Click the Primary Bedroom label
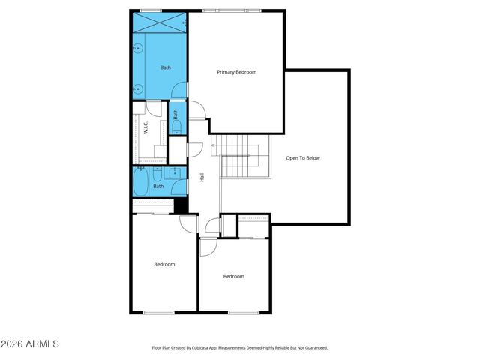[x=236, y=72]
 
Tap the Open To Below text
[x=303, y=158]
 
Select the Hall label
[x=202, y=178]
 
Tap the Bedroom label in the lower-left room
[x=164, y=264]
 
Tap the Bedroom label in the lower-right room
[x=233, y=276]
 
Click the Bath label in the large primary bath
[x=165, y=67]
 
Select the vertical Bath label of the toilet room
[x=175, y=115]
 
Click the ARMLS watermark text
[x=30, y=343]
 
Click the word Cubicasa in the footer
[x=206, y=348]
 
